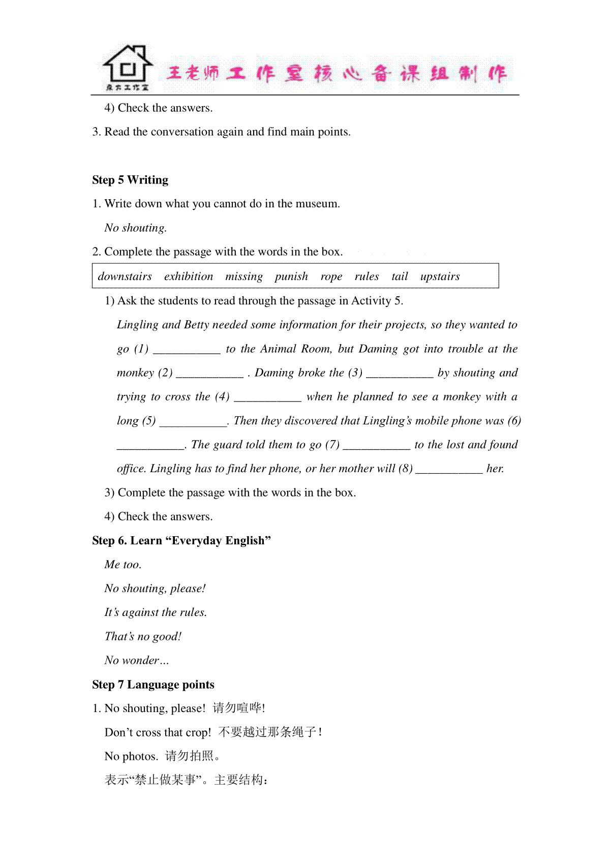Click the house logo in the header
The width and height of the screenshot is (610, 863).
[128, 68]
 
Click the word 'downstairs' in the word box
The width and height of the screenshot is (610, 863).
[125, 276]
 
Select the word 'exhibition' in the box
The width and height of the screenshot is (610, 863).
[189, 276]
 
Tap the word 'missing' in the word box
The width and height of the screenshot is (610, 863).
[244, 276]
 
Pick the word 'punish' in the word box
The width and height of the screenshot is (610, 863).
[291, 276]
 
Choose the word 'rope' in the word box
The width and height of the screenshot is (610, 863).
[331, 276]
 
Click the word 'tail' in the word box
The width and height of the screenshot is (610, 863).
[400, 276]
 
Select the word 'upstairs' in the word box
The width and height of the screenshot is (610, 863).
[440, 276]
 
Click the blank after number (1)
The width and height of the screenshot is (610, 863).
[187, 350]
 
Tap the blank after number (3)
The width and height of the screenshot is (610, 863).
[400, 374]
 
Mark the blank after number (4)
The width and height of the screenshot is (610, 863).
[267, 397]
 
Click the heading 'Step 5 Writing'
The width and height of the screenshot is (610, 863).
[130, 180]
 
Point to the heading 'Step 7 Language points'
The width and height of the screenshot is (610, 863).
[153, 685]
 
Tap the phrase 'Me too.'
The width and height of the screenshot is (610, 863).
[123, 565]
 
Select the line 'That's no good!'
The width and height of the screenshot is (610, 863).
[143, 636]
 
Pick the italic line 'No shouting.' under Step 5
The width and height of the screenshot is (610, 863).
[135, 228]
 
